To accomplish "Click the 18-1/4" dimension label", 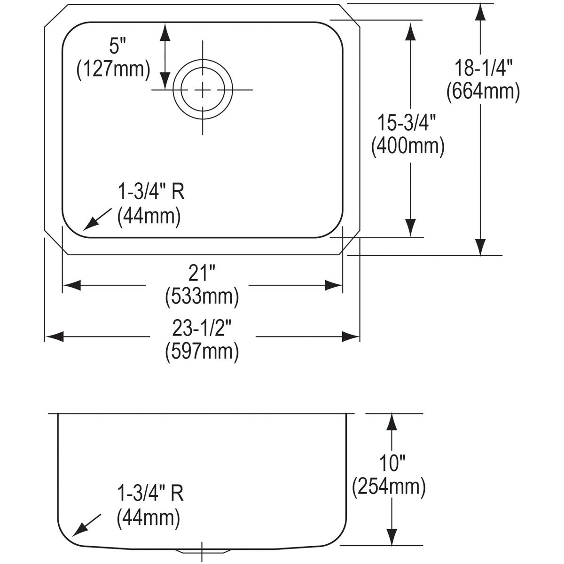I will coord(482,69).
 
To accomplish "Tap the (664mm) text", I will coord(483,91).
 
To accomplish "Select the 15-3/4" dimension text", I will coord(407,124).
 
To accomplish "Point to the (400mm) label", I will coord(407,146).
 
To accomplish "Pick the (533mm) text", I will coord(202,296).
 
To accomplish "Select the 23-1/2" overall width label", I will coord(202,329).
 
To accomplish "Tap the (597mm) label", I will coord(202,351).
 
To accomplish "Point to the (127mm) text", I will coord(113,69).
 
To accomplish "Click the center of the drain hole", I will coord(203,89).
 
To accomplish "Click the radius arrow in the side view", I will coord(86,525).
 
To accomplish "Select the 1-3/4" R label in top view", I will coord(150,193).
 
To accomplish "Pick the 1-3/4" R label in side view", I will coord(150,493).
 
